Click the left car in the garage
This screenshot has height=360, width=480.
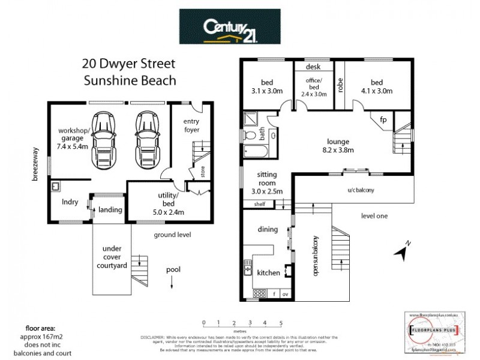(x=106, y=139)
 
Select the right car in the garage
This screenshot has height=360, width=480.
(x=147, y=139)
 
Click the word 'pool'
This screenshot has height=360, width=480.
(x=173, y=270)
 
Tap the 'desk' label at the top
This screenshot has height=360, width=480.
(x=312, y=67)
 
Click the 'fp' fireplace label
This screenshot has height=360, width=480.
(x=383, y=120)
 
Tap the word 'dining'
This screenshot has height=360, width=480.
(x=268, y=229)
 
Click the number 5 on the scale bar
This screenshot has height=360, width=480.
(x=281, y=322)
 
